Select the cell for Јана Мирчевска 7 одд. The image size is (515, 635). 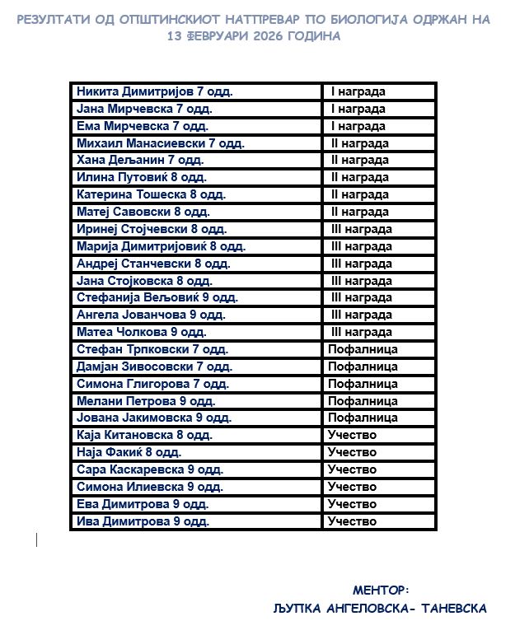click(144, 109)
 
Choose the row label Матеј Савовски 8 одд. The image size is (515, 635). click(144, 212)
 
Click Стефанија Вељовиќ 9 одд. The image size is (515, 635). click(157, 297)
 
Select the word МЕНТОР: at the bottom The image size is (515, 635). click(381, 590)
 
